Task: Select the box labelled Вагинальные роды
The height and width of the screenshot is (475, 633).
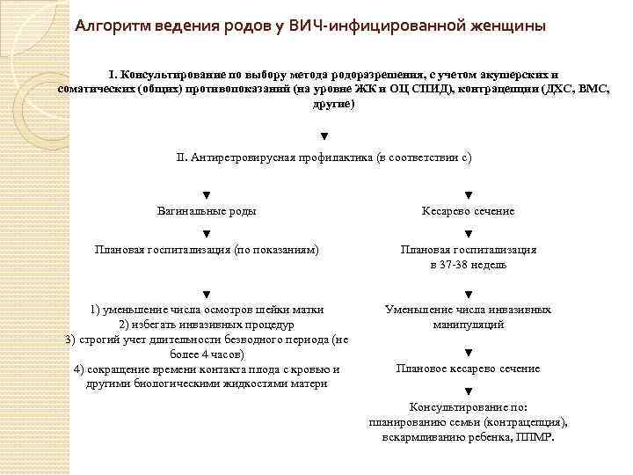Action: tap(207, 211)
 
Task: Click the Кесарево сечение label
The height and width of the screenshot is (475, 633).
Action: tap(469, 211)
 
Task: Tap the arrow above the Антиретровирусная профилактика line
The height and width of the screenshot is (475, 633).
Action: tap(324, 136)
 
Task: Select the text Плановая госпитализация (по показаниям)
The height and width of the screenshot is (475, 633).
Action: tap(207, 249)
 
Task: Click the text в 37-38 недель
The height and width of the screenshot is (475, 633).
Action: tap(469, 264)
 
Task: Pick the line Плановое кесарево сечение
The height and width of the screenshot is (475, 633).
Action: tap(469, 369)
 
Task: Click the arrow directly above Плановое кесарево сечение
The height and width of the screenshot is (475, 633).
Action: tap(469, 353)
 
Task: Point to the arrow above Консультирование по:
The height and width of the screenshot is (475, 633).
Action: tap(469, 391)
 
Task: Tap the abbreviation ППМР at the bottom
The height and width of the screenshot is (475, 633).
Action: tap(535, 436)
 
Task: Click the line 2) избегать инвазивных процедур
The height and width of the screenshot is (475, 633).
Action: tap(207, 324)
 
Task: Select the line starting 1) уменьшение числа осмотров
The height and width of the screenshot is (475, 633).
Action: tap(207, 309)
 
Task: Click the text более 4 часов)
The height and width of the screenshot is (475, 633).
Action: tap(207, 354)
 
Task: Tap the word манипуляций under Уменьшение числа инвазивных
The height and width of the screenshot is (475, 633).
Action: tap(469, 324)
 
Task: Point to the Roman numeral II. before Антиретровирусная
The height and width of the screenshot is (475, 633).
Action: tap(182, 157)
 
